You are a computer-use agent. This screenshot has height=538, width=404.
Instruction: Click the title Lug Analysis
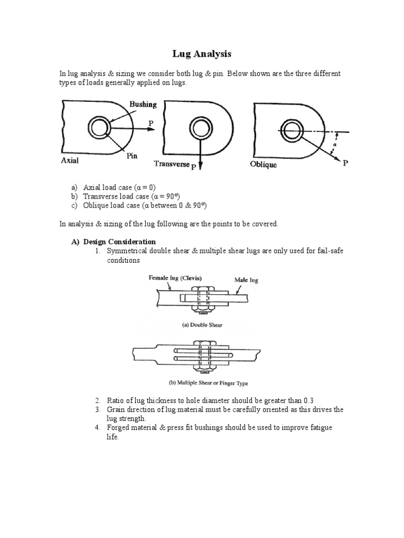pyautogui.click(x=202, y=54)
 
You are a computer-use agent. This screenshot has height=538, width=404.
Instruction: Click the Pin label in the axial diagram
pyautogui.click(x=132, y=156)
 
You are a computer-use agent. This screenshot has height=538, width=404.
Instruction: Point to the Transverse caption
pyautogui.click(x=171, y=164)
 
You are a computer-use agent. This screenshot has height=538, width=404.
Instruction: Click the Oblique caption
pyautogui.click(x=263, y=164)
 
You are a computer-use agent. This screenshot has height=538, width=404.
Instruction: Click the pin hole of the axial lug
pyautogui.click(x=99, y=127)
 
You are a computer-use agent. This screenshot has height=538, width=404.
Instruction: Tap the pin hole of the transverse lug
pyautogui.click(x=200, y=127)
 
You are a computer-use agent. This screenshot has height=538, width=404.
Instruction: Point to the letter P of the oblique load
pyautogui.click(x=345, y=163)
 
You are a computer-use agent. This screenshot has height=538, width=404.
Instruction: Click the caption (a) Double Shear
pyautogui.click(x=202, y=325)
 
